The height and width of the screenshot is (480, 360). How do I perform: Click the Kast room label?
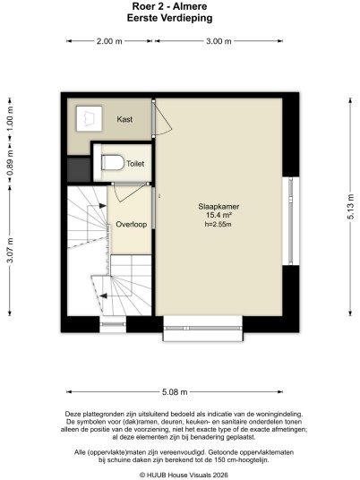(x=124, y=119)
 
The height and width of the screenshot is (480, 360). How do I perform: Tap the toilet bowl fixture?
(x=112, y=162)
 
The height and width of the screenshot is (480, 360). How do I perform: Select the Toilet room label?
(x=135, y=164)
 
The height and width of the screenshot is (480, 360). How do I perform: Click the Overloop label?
(x=132, y=225)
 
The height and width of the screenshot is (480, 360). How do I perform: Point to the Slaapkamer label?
(x=219, y=206)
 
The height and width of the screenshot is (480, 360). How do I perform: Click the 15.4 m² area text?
(x=219, y=215)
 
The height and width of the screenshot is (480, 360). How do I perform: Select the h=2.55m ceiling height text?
(x=218, y=225)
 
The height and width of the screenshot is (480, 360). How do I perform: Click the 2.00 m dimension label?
(x=109, y=41)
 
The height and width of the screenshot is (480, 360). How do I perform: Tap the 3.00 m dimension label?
(x=219, y=41)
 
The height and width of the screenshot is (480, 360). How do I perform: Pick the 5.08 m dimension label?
(x=175, y=392)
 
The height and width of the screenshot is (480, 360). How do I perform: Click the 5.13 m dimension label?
(x=351, y=207)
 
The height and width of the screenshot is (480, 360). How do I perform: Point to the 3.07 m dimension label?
(x=10, y=250)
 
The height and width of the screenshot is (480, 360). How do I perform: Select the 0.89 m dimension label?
(x=10, y=164)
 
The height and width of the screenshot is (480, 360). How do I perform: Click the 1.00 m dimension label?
(x=10, y=119)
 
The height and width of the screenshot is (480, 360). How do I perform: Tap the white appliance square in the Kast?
(x=89, y=118)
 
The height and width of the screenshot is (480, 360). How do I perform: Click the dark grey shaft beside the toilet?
(x=79, y=169)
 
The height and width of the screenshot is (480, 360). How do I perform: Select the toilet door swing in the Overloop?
(x=130, y=194)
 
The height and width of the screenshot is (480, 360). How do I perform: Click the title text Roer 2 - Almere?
(x=169, y=6)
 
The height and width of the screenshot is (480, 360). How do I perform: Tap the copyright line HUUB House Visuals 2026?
(x=184, y=475)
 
